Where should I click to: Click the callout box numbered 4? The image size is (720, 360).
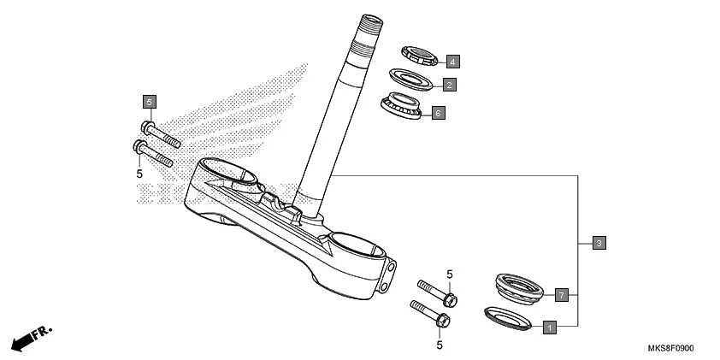452,61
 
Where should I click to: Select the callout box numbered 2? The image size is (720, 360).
448,85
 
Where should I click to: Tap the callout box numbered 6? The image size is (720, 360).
438,112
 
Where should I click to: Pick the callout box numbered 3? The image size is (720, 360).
599,243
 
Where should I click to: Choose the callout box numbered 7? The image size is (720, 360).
561,295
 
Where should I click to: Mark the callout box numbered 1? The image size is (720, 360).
549,326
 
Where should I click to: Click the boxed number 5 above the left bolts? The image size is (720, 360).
149,102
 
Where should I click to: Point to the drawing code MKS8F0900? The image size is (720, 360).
670,349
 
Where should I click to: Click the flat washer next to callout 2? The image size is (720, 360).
412,80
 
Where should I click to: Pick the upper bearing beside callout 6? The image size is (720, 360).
402,105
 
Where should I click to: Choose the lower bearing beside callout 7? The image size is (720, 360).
519,287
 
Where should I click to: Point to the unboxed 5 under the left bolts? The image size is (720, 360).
139,174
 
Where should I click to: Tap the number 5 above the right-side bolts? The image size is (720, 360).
448,274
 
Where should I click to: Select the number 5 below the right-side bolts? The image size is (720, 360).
440,345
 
